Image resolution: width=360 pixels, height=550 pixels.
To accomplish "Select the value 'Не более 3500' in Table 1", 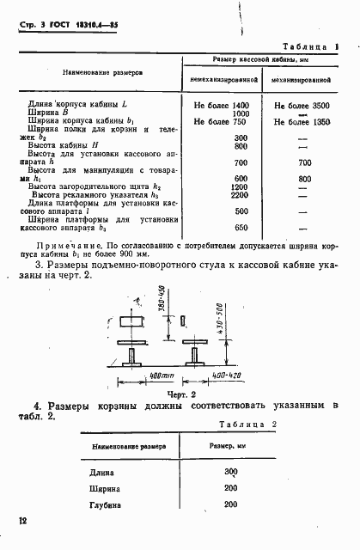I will point(302,104).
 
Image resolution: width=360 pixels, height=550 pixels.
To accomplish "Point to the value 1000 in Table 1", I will point(241,113).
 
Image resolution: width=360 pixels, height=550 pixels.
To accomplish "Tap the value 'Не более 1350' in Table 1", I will point(302,122).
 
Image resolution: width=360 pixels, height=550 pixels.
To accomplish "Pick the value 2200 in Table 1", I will point(241,195).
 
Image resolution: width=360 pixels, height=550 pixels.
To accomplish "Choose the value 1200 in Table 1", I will point(241,186).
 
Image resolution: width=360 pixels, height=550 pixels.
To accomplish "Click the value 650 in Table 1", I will point(241,228).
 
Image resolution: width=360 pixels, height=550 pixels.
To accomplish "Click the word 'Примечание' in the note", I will point(57,244).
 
